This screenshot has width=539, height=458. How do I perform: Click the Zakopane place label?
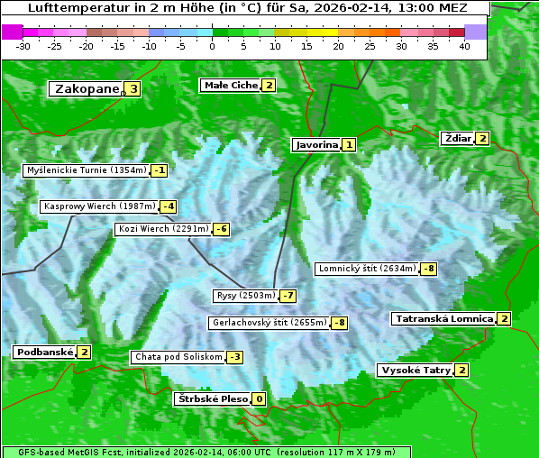coord(87,88)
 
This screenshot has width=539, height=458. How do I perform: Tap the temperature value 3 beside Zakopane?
coord(133,88)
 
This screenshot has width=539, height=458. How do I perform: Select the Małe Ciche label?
coord(231,86)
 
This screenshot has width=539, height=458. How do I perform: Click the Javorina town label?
coord(316,144)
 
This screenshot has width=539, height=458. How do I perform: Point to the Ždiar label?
coord(457,138)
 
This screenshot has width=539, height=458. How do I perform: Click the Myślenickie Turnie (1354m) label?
coord(86,169)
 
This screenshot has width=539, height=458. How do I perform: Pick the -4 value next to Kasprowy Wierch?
coord(169,206)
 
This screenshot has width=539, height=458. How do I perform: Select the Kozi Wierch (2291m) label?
coord(163,229)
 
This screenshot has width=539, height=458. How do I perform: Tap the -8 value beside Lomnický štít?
coord(429,268)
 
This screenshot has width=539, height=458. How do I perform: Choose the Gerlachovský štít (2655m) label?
coord(269,323)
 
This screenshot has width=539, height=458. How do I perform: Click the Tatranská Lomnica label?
coord(443,318)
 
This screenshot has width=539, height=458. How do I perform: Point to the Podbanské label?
coord(44,352)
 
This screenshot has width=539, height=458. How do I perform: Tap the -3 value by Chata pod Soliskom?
coord(234,357)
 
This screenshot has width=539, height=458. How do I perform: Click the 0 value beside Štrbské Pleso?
coord(260,399)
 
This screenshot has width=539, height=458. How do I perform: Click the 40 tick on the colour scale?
coord(464,46)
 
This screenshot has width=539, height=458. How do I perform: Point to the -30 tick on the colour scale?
coord(24,46)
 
